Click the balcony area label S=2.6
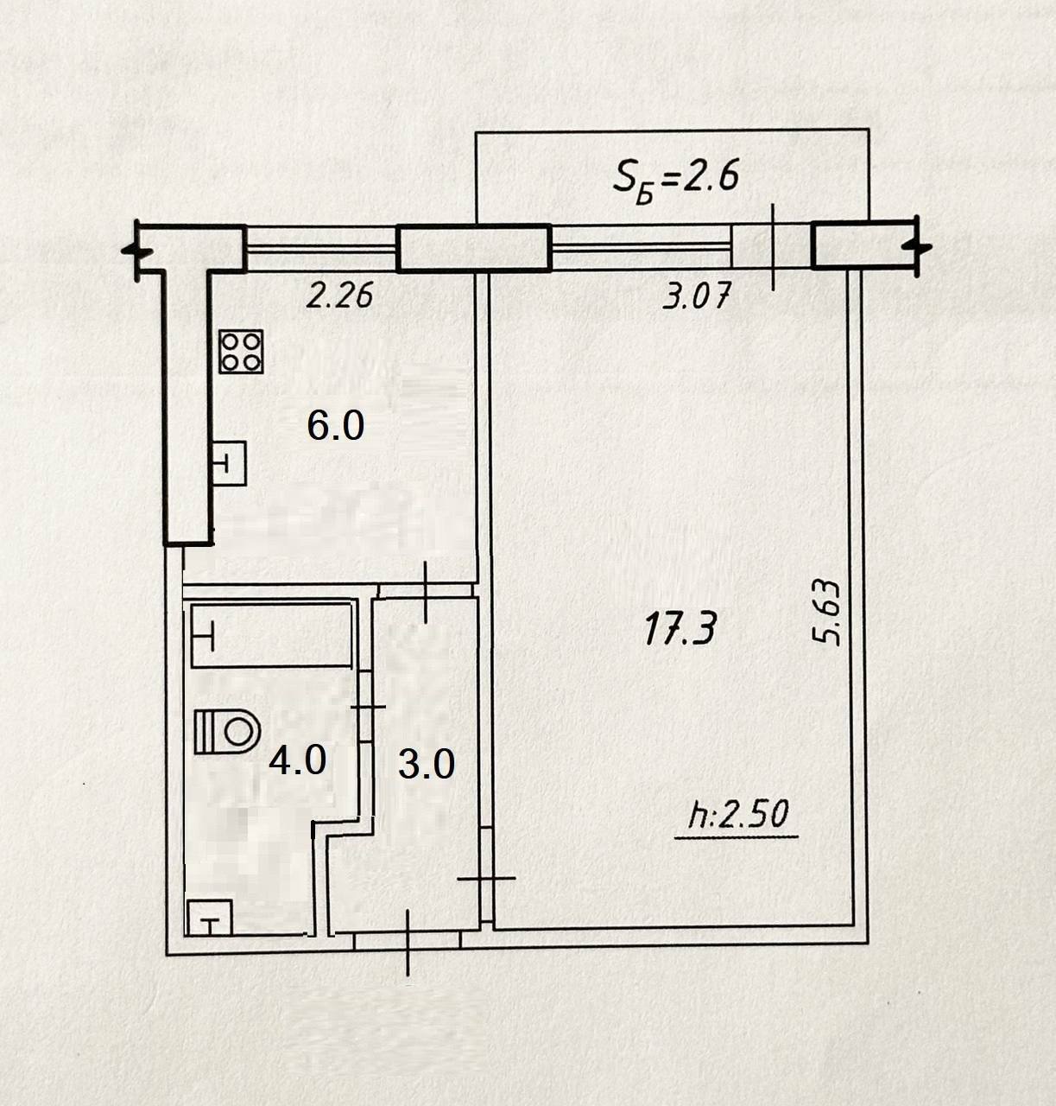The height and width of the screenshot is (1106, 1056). pyautogui.click(x=675, y=180)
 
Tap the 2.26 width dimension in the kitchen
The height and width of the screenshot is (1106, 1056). pyautogui.click(x=339, y=296)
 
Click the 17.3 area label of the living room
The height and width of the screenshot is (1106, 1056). pyautogui.click(x=680, y=628)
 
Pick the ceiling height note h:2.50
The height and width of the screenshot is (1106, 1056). pyautogui.click(x=738, y=817)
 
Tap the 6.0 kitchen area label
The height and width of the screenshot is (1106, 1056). pyautogui.click(x=335, y=426)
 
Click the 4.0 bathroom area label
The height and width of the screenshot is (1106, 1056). pyautogui.click(x=297, y=760)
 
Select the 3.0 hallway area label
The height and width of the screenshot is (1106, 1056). pyautogui.click(x=426, y=764)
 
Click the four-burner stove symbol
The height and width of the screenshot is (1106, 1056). pyautogui.click(x=242, y=352)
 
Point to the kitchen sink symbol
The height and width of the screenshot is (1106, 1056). pyautogui.click(x=230, y=463)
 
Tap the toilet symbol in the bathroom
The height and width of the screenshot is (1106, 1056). pyautogui.click(x=227, y=731)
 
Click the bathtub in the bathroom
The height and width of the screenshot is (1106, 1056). pyautogui.click(x=271, y=635)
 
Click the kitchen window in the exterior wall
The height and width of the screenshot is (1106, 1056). pyautogui.click(x=321, y=248)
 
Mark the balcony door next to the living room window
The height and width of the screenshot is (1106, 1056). pyautogui.click(x=772, y=246)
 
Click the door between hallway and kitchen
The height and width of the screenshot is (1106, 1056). pyautogui.click(x=427, y=590)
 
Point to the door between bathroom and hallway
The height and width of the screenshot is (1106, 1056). pyautogui.click(x=366, y=707)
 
